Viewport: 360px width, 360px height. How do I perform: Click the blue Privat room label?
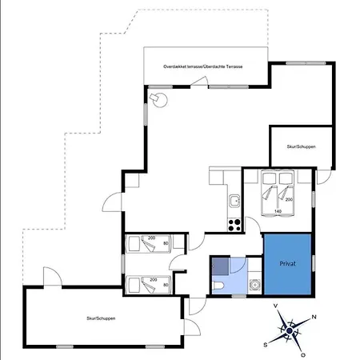pos(287,264)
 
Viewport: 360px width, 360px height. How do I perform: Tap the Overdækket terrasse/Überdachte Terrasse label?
pos(203,66)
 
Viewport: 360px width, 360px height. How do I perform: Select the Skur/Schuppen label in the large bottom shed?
pos(101,318)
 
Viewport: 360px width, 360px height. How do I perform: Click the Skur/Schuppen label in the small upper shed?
pos(301,146)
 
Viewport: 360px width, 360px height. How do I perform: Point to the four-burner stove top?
pos(234,225)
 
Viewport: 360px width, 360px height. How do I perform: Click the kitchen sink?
pos(234,201)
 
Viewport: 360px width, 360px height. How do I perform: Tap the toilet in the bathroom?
pos(218,286)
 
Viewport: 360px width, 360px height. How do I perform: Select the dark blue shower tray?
pos(221,266)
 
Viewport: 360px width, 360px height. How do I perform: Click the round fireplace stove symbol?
pos(160,100)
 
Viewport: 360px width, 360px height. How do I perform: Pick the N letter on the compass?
pos(314,317)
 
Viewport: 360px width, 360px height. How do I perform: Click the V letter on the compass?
pos(276,306)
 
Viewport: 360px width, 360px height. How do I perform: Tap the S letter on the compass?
pos(266,345)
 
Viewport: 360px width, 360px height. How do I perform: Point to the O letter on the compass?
pos(303,355)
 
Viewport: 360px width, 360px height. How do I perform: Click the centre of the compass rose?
pos(290,331)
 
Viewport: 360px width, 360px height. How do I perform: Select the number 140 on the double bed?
pos(278,211)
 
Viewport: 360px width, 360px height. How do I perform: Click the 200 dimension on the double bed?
pos(289,199)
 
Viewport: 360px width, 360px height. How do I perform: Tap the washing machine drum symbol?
pos(255,285)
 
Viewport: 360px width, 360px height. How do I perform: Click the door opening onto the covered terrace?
pos(199,81)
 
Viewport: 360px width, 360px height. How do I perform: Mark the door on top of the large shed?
pos(53,276)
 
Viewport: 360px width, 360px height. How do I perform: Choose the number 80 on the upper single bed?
pos(166,243)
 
